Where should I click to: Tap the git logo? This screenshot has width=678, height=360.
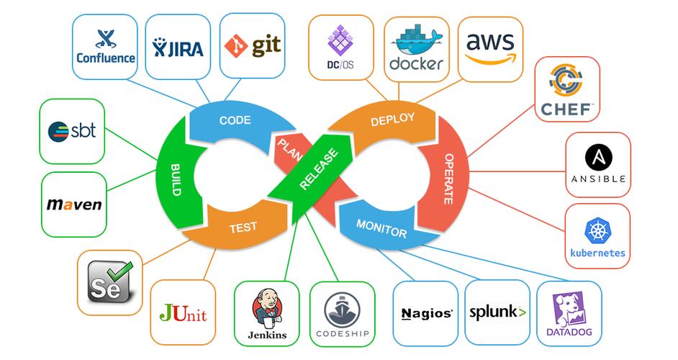click(x=252, y=47)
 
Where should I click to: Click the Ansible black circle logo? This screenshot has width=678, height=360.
click(x=598, y=156)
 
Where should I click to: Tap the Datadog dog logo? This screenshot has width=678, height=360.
click(x=569, y=307)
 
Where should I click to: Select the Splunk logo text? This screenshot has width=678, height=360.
click(x=497, y=312)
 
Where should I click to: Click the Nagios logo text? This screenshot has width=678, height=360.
click(x=426, y=313)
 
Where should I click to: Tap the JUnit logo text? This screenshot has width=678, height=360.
click(x=183, y=314)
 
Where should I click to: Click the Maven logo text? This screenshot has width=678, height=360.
click(x=74, y=204)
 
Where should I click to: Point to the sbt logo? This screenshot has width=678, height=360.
click(x=73, y=131)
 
